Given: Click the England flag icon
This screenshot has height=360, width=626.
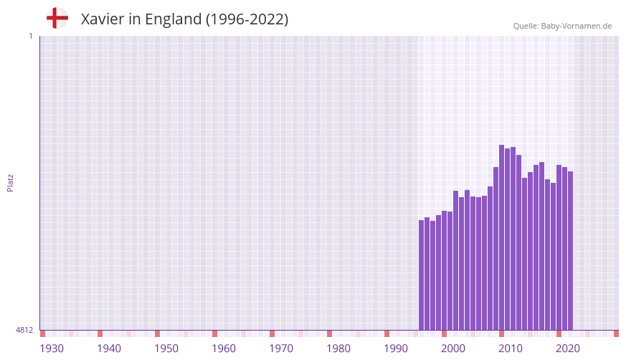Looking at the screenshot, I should [57, 18].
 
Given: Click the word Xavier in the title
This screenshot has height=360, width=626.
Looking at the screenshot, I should [103, 19].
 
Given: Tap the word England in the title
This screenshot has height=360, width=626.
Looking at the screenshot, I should [173, 19].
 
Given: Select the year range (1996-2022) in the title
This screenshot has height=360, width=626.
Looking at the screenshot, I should [247, 19].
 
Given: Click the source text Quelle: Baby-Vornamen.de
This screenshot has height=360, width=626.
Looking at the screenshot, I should [562, 26].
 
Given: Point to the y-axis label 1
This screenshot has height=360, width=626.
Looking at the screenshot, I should [30, 36].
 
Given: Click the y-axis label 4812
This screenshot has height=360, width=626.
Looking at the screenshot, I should [24, 331].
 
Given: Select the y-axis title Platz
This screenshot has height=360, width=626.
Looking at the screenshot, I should [10, 182].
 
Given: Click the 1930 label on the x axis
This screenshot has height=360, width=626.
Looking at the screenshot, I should [52, 349].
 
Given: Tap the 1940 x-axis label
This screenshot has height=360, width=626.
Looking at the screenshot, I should [109, 349].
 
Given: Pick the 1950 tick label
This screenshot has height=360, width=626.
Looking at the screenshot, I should [166, 349].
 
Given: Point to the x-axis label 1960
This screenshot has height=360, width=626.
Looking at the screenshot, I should [224, 349].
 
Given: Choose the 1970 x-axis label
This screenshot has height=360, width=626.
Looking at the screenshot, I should [281, 349].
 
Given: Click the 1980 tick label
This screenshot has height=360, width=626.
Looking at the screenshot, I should [338, 349].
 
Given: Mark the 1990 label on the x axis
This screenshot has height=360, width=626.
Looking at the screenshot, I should [396, 349].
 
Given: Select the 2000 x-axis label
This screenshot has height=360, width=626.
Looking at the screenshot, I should [453, 349].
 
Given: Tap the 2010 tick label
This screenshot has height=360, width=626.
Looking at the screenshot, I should [511, 349].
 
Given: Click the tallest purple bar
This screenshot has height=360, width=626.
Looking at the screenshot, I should [502, 237].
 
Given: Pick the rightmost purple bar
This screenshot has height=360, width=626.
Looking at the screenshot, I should [571, 250].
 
